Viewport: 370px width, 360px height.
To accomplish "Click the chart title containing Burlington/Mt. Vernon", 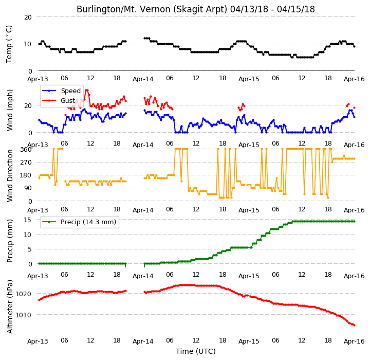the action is (196, 9).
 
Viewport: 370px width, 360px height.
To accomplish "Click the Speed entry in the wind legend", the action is (61, 91).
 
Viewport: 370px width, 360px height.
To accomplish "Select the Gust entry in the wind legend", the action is (58, 101).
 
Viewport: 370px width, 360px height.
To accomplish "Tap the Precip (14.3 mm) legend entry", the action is (79, 222).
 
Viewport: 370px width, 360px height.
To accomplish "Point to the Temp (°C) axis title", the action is (9, 44).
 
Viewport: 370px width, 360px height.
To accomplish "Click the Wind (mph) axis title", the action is (10, 110).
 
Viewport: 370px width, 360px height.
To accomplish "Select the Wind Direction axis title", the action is (10, 175).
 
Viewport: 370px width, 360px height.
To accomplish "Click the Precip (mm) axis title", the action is (10, 241).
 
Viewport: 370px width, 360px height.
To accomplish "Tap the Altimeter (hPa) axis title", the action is (10, 307).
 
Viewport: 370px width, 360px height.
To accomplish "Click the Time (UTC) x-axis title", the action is (196, 351).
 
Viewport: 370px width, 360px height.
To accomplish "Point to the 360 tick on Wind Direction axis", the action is (26, 150).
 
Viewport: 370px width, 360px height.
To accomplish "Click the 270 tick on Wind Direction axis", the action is (26, 163).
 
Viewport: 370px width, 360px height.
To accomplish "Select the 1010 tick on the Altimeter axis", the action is (23, 315).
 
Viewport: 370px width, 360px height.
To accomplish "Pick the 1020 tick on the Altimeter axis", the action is (23, 294).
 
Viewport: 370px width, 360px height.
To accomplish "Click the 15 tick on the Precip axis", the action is (28, 220).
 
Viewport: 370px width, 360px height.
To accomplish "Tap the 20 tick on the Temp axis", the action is (28, 17).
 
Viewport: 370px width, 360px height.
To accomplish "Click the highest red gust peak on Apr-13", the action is (87, 90).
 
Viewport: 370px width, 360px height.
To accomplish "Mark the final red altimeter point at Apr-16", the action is (354, 325).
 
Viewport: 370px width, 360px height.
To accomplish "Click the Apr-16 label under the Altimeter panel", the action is (354, 341).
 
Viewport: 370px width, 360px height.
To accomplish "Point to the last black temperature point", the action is (354, 46).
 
